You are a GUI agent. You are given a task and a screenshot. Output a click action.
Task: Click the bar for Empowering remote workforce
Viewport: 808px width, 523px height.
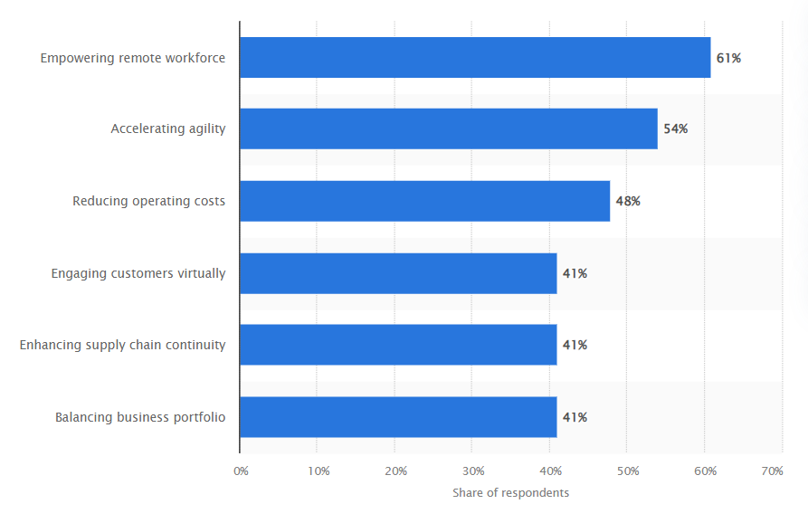pyautogui.click(x=475, y=57)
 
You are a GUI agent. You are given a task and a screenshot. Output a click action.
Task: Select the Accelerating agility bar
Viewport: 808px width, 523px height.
pyautogui.click(x=449, y=128)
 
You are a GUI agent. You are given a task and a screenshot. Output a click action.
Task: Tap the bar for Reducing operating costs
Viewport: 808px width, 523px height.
pyautogui.click(x=425, y=201)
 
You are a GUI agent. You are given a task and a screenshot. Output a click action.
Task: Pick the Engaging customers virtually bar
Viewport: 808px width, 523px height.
pyautogui.click(x=398, y=273)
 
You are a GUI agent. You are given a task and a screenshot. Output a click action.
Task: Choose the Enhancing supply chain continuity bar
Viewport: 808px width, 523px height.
pyautogui.click(x=398, y=345)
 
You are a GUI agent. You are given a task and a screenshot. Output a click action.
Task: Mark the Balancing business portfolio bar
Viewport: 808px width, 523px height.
pyautogui.click(x=398, y=417)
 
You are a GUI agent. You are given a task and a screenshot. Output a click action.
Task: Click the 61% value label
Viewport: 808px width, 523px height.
pyautogui.click(x=728, y=58)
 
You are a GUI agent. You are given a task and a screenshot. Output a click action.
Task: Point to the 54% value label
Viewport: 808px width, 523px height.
pyautogui.click(x=675, y=128)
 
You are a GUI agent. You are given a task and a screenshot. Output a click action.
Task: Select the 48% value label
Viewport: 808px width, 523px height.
pyautogui.click(x=628, y=201)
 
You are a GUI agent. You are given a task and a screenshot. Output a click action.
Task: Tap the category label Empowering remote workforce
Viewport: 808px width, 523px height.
pyautogui.click(x=133, y=58)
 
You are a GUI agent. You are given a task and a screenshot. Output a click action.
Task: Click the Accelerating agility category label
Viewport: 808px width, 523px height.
pyautogui.click(x=168, y=128)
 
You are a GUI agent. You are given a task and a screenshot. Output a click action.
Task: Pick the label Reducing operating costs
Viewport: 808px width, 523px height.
pyautogui.click(x=149, y=201)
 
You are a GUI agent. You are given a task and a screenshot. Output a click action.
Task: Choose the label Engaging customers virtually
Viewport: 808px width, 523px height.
pyautogui.click(x=138, y=273)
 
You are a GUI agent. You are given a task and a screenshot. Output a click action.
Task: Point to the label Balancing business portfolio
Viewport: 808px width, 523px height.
pyautogui.click(x=140, y=417)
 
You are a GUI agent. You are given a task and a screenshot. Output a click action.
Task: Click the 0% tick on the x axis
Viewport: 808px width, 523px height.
pyautogui.click(x=241, y=471)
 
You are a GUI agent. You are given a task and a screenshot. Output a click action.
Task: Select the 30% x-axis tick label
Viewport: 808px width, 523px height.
pyautogui.click(x=473, y=471)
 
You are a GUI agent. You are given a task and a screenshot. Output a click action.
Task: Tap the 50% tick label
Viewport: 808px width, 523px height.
pyautogui.click(x=628, y=471)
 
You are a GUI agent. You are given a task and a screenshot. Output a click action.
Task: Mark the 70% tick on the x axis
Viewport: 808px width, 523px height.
pyautogui.click(x=772, y=471)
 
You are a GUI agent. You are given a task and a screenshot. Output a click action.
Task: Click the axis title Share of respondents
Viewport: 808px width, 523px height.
pyautogui.click(x=511, y=493)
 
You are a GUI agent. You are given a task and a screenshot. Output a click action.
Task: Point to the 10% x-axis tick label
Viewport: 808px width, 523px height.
pyautogui.click(x=318, y=471)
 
